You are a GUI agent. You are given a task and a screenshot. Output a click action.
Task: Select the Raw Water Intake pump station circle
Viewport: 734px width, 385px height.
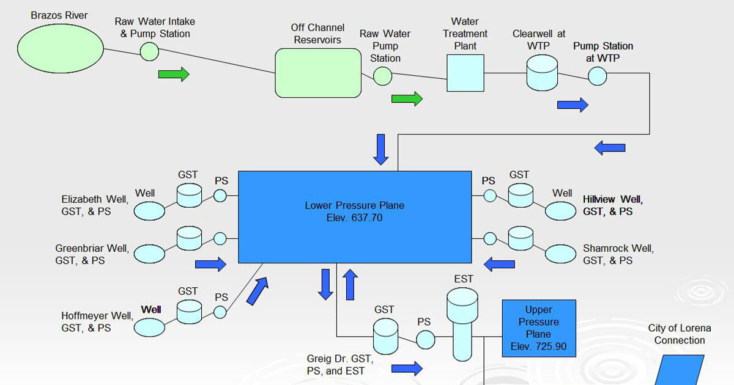[149, 51]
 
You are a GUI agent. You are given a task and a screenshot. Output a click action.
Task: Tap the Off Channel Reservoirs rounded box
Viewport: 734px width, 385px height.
[318, 73]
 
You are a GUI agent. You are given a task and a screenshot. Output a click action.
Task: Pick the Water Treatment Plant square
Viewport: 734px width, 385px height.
[465, 73]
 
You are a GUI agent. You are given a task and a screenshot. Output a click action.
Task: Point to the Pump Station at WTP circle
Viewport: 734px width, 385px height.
[598, 76]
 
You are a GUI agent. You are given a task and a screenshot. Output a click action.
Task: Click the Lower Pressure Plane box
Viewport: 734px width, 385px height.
[354, 216]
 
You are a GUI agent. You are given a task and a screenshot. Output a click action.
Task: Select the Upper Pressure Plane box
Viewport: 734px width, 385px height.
[539, 329]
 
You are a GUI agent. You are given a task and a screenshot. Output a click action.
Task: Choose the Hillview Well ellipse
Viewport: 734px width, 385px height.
[560, 211]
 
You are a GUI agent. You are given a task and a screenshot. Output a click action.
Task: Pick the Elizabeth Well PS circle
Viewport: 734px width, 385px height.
[220, 196]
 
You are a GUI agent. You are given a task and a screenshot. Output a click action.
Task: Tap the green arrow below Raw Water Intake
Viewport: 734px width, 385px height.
[174, 74]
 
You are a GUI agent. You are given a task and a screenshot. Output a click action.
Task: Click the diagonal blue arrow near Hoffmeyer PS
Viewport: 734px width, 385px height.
[258, 290]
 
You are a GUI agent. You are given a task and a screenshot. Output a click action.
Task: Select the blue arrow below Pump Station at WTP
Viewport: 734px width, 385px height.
[573, 105]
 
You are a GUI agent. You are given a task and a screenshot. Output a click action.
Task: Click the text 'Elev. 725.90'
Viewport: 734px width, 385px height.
[538, 346]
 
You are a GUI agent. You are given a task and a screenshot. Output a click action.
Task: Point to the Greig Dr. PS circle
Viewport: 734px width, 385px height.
[424, 339]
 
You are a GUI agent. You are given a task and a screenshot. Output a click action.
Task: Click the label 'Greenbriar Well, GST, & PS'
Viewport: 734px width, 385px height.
[92, 254]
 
